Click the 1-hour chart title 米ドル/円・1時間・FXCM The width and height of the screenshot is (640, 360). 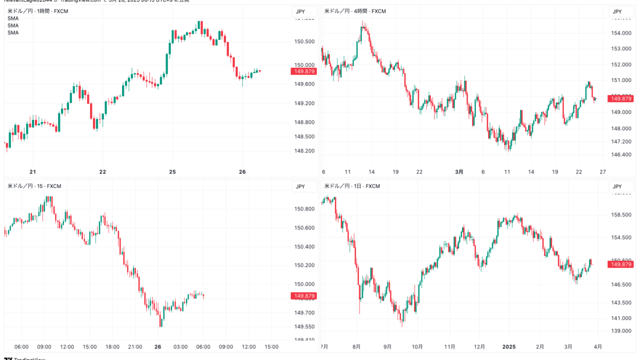[37, 11]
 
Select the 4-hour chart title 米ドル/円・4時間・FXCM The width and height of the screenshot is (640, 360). [355, 11]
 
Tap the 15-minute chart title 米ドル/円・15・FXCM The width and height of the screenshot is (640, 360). [34, 186]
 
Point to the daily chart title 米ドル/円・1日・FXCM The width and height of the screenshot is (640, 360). [352, 186]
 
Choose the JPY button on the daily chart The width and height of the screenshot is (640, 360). [617, 186]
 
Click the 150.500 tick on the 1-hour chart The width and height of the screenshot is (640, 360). [304, 41]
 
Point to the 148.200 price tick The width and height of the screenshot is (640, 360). [304, 150]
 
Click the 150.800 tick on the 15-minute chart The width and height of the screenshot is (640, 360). [304, 209]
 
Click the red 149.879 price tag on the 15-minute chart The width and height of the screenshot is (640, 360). [304, 296]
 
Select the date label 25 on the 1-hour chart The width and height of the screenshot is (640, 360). [172, 171]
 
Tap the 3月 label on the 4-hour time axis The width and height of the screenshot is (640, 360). [459, 171]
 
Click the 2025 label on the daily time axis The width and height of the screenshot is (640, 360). [509, 346]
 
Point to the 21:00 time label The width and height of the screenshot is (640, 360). [135, 346]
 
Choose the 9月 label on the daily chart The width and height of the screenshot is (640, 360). [387, 346]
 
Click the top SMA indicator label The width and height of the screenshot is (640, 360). [13, 18]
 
